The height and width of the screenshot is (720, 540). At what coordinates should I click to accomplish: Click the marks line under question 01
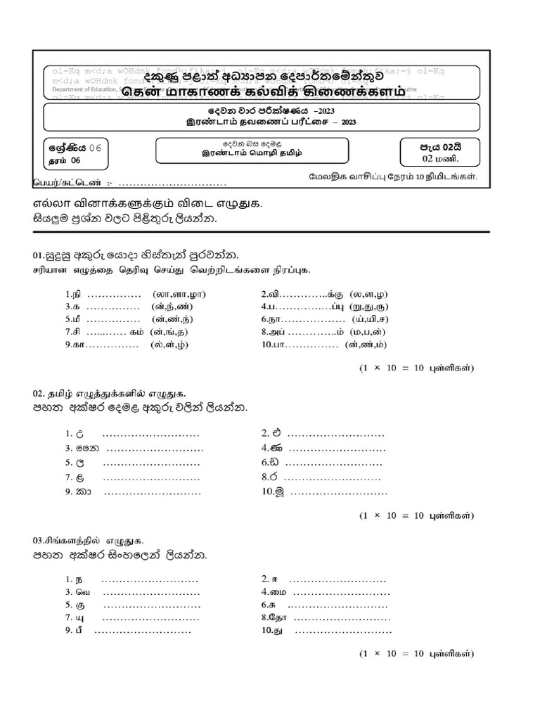point(417,368)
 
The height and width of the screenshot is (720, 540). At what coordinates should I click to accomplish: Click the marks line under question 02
point(417,515)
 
